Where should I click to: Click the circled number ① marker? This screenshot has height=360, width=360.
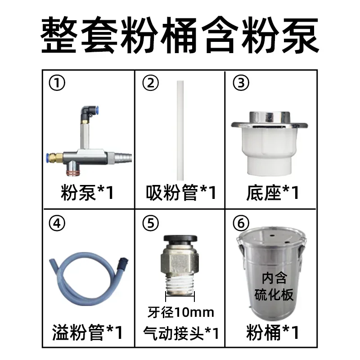point(57,83)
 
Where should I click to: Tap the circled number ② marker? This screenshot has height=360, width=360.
point(151,83)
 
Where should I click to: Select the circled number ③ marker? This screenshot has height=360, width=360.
point(241,83)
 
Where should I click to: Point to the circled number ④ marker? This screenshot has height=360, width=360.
point(57,223)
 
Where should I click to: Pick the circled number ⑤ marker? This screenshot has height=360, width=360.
point(151,223)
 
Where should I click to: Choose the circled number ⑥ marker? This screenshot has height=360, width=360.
point(241,223)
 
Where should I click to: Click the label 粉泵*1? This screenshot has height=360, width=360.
point(87,193)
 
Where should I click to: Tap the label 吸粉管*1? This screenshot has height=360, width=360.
point(181,193)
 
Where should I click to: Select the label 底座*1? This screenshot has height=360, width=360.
point(273,193)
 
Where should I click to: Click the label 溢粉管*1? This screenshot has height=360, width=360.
point(87,332)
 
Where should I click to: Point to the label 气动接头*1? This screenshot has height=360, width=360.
point(181,333)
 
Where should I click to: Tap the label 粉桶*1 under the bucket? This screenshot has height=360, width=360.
point(273,332)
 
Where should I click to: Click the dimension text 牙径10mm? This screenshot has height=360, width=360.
point(181,312)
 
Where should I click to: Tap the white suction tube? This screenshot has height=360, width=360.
point(180,130)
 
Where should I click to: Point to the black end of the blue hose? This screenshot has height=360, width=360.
point(123,262)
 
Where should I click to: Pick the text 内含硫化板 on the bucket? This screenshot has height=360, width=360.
point(274,286)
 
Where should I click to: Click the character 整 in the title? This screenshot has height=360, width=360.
point(59,35)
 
